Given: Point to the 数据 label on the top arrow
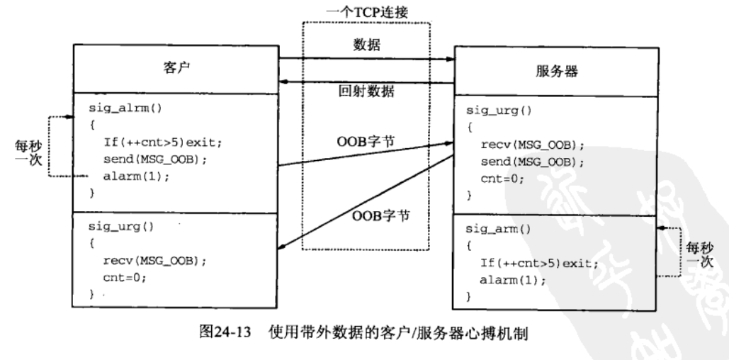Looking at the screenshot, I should tap(366, 46).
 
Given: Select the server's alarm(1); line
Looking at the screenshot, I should tap(514, 280).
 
